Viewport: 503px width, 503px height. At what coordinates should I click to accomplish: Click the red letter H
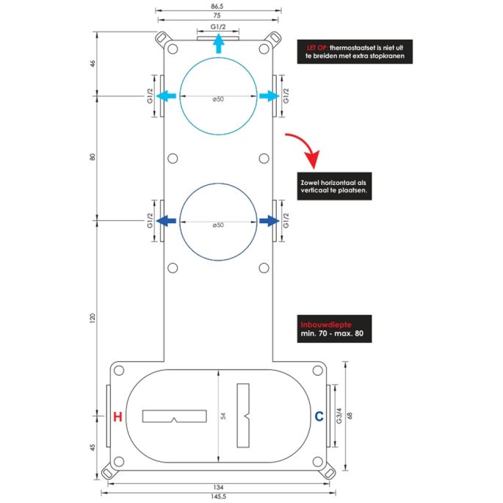click(x=117, y=417)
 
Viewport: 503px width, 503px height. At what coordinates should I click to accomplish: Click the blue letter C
click(x=319, y=417)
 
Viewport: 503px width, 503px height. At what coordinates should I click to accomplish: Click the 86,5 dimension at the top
click(x=218, y=6)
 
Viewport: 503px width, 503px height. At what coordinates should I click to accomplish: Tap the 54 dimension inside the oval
click(x=223, y=416)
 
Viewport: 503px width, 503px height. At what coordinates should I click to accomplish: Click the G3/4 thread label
click(x=339, y=416)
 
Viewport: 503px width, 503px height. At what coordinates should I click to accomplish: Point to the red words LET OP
click(x=316, y=46)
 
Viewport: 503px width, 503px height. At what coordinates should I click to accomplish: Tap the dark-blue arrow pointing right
click(x=269, y=220)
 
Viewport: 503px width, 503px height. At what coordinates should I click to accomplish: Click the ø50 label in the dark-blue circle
click(x=217, y=224)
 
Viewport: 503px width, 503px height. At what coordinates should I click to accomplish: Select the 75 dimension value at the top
click(x=218, y=15)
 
